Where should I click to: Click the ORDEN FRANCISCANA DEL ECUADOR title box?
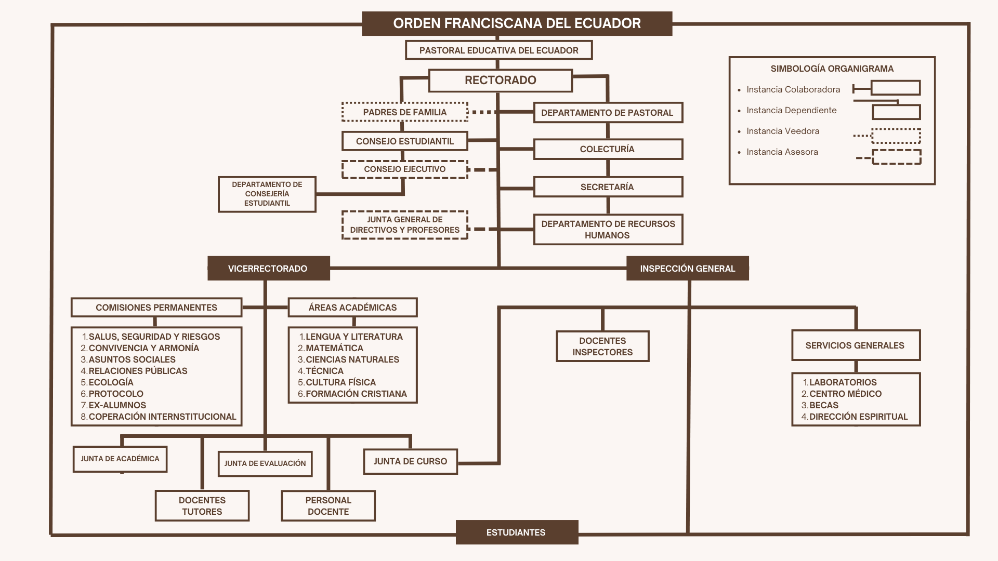[517, 23]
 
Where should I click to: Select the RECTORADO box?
[500, 81]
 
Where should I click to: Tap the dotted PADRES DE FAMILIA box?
[404, 112]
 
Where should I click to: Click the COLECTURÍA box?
[607, 149]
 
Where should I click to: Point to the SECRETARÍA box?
[607, 187]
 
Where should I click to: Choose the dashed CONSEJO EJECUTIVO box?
[404, 169]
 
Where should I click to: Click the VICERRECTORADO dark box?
[268, 269]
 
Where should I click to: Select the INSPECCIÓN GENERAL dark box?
[687, 269]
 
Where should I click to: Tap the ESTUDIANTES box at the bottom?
[516, 532]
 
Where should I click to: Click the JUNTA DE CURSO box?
[410, 461]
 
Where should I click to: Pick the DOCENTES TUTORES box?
[202, 505]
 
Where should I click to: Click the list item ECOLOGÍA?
[111, 382]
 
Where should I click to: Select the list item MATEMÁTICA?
[334, 348]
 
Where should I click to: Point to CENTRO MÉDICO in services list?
[845, 394]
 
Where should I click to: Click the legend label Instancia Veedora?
[783, 131]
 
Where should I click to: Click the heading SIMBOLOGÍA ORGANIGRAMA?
[832, 69]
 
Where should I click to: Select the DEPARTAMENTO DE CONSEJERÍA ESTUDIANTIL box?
[267, 194]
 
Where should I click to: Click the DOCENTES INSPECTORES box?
[602, 346]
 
